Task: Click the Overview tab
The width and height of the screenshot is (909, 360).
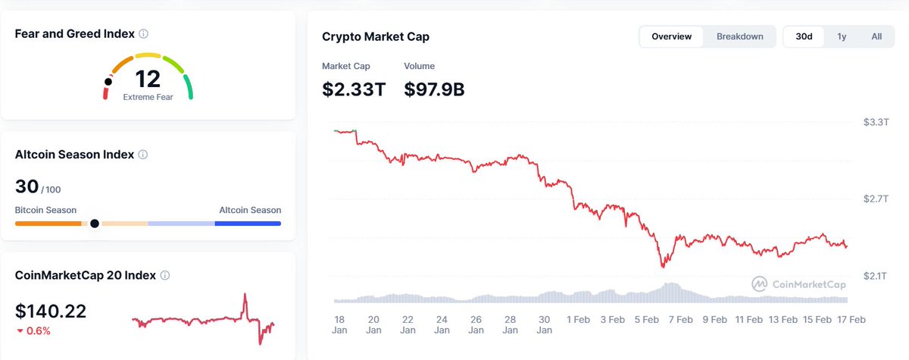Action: click(671, 36)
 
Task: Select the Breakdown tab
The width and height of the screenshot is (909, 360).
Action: click(739, 36)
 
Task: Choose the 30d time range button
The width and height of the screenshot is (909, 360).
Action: click(804, 36)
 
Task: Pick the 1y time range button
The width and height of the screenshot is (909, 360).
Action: click(842, 36)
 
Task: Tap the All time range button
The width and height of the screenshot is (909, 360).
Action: click(876, 36)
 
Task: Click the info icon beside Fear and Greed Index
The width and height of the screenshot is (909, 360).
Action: click(144, 34)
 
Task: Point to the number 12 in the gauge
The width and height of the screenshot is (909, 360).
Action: click(148, 78)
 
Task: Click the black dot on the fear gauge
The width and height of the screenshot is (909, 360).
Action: click(108, 81)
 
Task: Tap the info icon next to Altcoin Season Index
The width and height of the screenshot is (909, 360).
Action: click(143, 155)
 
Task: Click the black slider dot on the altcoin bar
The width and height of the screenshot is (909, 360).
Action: click(95, 224)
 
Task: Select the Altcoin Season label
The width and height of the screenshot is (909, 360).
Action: click(250, 210)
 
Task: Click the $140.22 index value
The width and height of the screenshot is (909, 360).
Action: click(51, 311)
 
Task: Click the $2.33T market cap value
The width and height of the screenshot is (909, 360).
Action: click(354, 89)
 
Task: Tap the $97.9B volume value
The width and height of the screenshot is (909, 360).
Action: click(434, 89)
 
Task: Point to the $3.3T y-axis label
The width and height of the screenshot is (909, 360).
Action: click(876, 122)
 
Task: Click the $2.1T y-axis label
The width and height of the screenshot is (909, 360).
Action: click(876, 275)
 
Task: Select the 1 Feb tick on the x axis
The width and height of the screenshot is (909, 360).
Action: click(579, 320)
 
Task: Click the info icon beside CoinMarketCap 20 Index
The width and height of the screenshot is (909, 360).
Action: click(165, 275)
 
